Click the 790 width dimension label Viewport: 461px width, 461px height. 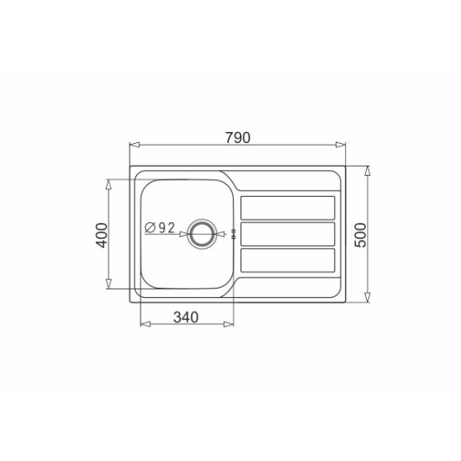(238, 138)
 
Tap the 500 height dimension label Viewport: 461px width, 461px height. (361, 236)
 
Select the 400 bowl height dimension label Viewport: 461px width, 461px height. (103, 236)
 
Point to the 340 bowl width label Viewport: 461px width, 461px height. (186, 317)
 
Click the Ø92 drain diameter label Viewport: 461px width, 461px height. (160, 228)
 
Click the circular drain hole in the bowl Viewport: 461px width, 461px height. (202, 234)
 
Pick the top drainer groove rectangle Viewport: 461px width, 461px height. (288, 208)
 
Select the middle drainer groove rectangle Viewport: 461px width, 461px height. (288, 234)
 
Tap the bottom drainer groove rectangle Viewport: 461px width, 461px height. (288, 260)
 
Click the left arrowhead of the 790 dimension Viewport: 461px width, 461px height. (135, 145)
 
